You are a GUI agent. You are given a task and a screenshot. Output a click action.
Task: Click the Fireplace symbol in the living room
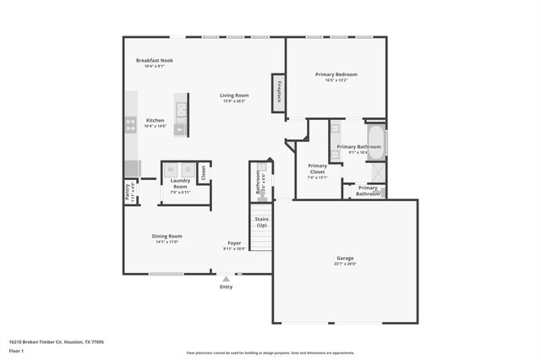coord(277,91)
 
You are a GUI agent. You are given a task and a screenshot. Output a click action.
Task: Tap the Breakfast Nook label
coord(156,61)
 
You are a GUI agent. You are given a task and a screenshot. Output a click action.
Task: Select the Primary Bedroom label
coord(336,75)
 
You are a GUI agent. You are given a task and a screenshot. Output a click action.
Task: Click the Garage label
coord(345,259)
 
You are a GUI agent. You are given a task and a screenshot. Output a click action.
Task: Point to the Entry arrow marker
coord(226,278)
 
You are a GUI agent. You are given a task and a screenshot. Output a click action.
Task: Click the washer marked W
coord(172,169)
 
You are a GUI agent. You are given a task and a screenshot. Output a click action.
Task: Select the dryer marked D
coord(189,169)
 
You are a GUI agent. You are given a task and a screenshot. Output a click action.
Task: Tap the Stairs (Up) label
coord(262,222)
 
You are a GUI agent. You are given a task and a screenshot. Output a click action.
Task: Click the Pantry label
coord(128,190)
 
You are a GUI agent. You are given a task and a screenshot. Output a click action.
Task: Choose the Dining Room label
coord(167,236)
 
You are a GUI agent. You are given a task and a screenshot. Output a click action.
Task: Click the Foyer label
coord(233,243)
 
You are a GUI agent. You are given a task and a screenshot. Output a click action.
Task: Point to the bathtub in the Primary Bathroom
coord(376,142)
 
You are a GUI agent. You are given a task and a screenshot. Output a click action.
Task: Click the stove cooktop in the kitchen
coord(131,124)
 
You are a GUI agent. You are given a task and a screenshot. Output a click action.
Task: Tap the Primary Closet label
coord(317,168)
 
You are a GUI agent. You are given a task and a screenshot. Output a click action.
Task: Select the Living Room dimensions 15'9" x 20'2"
coord(233,101)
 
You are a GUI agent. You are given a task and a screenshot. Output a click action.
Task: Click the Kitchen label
coord(156,121)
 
